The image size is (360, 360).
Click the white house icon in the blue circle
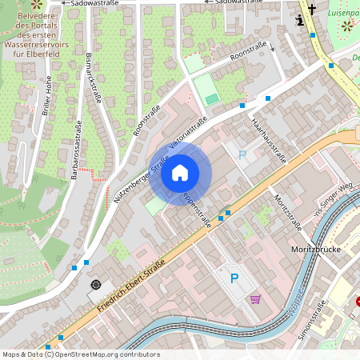click(180, 172)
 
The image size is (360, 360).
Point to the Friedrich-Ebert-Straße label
click(131, 285)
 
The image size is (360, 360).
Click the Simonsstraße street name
click(312, 320)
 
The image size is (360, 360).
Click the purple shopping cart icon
click(256, 299)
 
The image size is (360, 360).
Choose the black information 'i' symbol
click(299, 22)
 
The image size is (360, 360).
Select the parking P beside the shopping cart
click(234, 278)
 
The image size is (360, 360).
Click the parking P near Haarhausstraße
click(242, 154)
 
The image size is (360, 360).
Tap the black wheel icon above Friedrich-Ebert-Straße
click(96, 284)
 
